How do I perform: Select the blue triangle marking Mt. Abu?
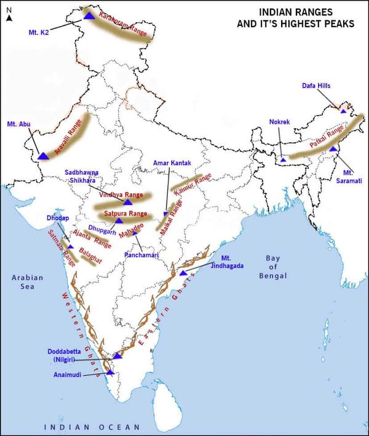click(x=43, y=155)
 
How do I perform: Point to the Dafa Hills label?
click(x=316, y=86)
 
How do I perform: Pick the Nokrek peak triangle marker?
click(x=283, y=159)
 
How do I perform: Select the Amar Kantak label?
click(x=173, y=163)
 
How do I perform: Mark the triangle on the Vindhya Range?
click(x=128, y=202)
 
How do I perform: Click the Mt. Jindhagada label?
click(x=228, y=262)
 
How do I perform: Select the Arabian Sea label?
click(x=28, y=282)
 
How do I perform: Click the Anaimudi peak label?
click(x=65, y=373)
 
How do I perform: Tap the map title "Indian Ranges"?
click(x=296, y=11)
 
